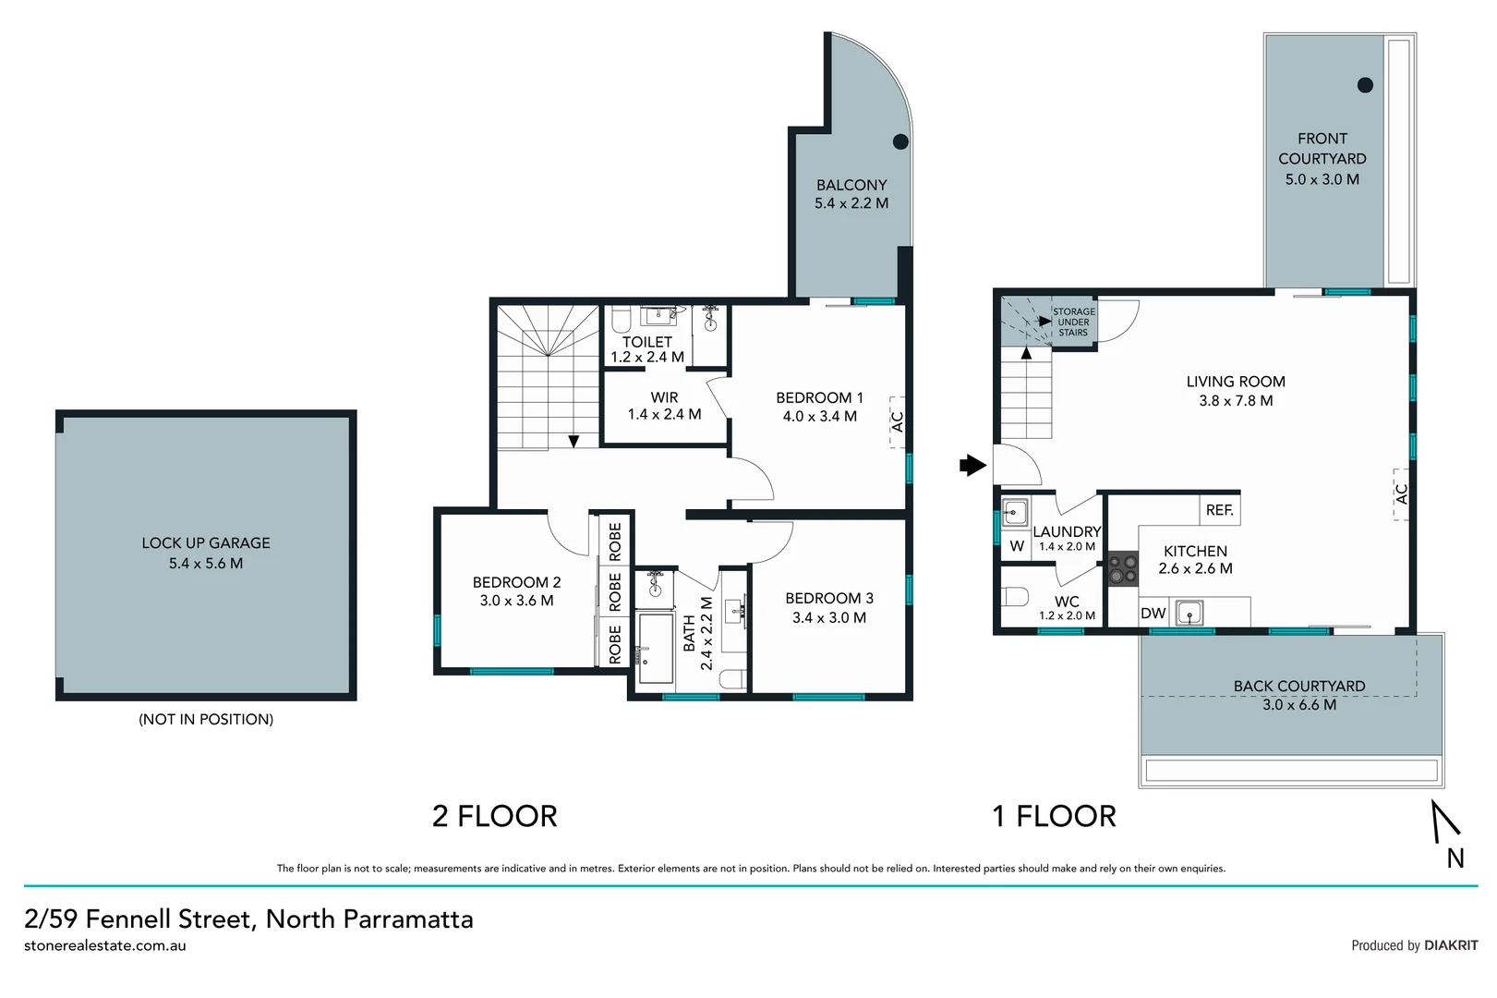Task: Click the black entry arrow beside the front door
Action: (x=972, y=465)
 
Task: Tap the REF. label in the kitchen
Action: (x=1219, y=510)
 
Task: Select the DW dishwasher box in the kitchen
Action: (x=1153, y=613)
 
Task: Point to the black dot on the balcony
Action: (x=900, y=141)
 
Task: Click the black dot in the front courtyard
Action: (x=1365, y=85)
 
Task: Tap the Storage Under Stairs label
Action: (x=1073, y=322)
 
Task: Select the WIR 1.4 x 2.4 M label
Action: (x=664, y=406)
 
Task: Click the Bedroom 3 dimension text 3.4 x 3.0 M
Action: (x=828, y=617)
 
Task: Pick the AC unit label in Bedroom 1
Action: (x=897, y=421)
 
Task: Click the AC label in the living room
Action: (x=1401, y=494)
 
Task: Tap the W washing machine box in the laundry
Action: (x=1016, y=546)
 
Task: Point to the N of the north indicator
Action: (x=1455, y=858)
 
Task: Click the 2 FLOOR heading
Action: (x=494, y=816)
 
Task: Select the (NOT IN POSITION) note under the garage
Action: (x=206, y=719)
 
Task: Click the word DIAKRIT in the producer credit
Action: (x=1450, y=945)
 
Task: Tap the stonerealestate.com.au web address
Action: (x=105, y=945)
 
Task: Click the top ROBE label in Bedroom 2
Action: (x=615, y=542)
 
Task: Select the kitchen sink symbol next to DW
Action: (x=1189, y=612)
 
